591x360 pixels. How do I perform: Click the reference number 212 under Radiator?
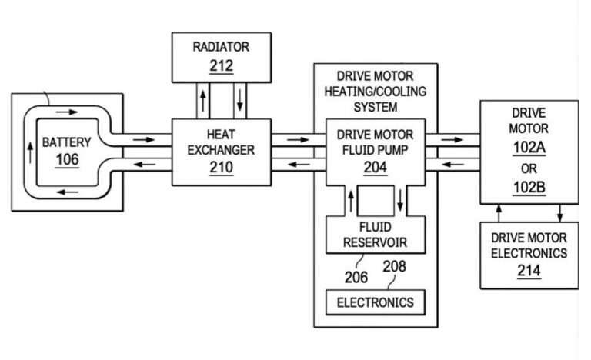pos(221,65)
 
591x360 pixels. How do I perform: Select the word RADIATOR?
pos(221,47)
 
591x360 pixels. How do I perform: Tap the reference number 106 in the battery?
pos(67,159)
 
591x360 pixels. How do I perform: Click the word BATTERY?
pos(66,142)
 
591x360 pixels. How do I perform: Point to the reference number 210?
pos(221,168)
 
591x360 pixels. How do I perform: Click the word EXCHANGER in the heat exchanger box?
pos(221,151)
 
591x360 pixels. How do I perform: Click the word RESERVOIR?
pos(376,243)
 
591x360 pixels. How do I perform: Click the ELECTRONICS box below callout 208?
pos(376,302)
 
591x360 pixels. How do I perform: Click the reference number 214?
pos(529,270)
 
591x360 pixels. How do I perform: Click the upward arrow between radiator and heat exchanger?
pos(202,100)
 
